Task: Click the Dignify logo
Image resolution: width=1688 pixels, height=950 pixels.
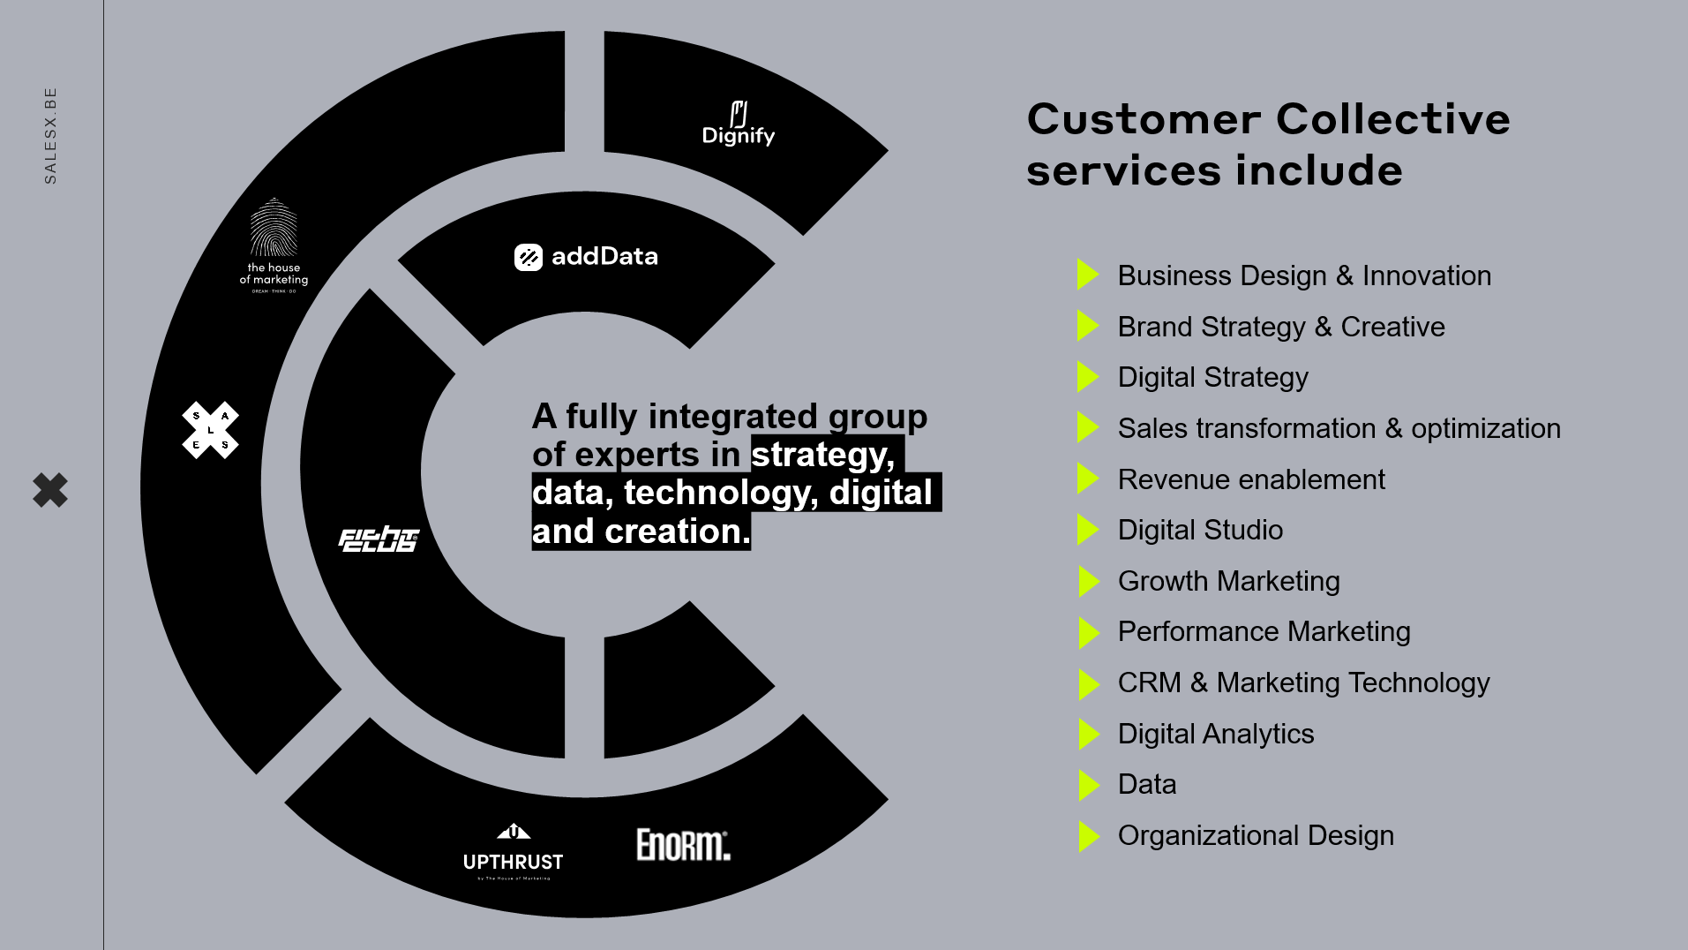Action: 738,124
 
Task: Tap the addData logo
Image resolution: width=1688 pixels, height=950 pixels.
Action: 586,257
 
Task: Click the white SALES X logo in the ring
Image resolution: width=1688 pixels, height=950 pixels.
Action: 210,430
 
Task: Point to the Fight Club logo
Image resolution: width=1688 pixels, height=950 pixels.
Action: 379,539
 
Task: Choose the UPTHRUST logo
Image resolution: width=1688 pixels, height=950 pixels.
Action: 513,852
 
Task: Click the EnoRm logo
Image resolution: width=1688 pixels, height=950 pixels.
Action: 683,845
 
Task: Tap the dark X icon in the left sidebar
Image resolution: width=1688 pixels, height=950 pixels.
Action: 50,490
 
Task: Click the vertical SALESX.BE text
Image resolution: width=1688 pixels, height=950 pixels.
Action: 50,135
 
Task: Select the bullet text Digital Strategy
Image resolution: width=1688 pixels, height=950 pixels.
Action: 1212,377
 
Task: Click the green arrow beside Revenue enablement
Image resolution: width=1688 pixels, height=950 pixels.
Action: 1088,479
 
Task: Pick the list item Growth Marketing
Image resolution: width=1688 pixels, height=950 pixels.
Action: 1228,581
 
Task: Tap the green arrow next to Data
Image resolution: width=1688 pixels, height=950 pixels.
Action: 1088,785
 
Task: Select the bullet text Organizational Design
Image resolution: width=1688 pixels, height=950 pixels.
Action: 1256,835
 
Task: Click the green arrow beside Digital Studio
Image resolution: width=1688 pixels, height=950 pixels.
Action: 1088,530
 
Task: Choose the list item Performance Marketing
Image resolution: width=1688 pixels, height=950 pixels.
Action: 1264,631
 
